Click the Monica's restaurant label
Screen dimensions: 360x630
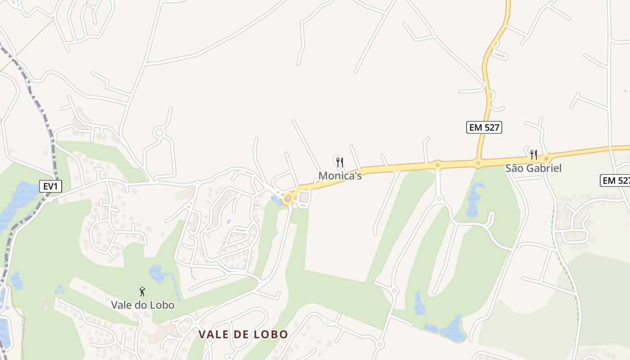[x=340, y=175]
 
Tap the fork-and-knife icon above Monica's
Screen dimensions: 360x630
[x=340, y=162]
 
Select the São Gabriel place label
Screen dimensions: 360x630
[x=533, y=168]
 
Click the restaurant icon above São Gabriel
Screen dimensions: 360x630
[x=533, y=155]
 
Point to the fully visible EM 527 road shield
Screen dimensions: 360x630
[x=484, y=127]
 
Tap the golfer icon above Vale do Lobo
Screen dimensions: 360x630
[x=142, y=292]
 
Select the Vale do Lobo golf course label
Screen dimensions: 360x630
[x=142, y=305]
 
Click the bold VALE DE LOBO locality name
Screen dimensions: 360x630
[x=243, y=334]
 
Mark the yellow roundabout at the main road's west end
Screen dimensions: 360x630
[x=288, y=198]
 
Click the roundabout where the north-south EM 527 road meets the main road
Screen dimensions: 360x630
[x=478, y=163]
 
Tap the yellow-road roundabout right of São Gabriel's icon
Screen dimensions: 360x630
[x=546, y=158]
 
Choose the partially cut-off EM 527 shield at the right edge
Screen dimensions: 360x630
[x=616, y=180]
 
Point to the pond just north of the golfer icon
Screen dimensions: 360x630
[x=157, y=273]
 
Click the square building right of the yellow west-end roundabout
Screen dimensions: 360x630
[x=304, y=197]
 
